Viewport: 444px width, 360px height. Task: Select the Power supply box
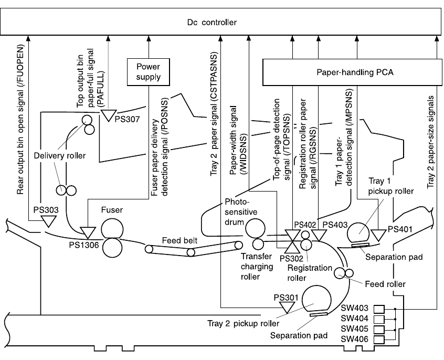(x=149, y=72)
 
